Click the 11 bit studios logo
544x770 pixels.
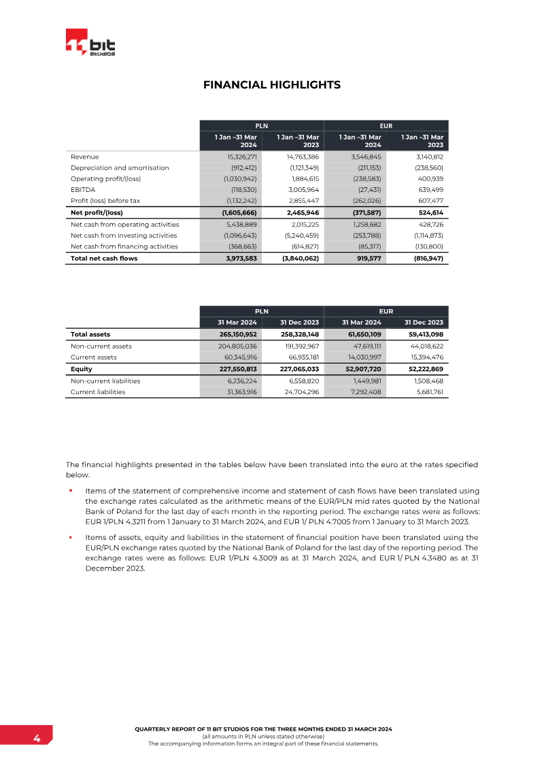[90, 44]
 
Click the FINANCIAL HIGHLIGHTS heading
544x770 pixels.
[272, 85]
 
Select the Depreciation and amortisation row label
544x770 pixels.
[120, 167]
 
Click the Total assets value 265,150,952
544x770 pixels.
[233, 334]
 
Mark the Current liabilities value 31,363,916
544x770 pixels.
[235, 392]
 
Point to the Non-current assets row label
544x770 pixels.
[101, 346]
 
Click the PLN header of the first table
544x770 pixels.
[261, 125]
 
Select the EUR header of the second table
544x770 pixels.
[386, 311]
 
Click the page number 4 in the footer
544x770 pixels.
[37, 739]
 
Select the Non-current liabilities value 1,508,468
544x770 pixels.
[428, 381]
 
